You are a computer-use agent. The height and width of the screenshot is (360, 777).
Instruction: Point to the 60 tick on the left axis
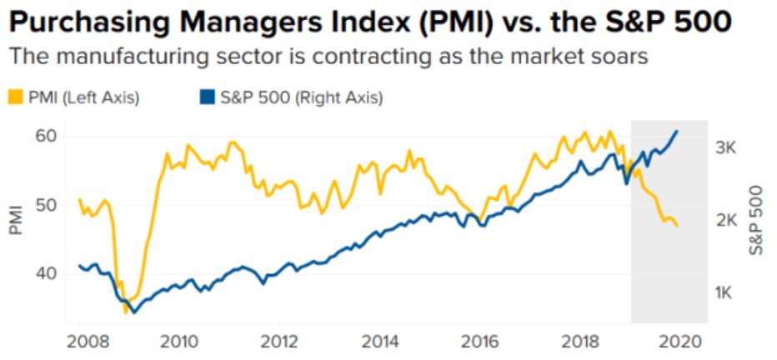click(x=48, y=137)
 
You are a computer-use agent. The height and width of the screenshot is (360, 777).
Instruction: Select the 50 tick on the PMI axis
click(x=48, y=205)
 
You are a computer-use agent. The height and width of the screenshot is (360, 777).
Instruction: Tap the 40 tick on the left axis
click(x=48, y=273)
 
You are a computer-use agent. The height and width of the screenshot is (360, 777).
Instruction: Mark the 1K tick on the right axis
click(x=726, y=292)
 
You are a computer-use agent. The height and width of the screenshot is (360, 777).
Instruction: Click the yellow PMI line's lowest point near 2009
click(x=126, y=312)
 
